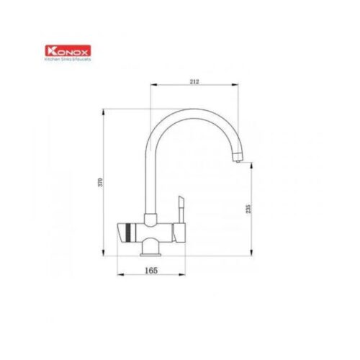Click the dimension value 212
(194, 81)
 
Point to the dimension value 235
(249, 210)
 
